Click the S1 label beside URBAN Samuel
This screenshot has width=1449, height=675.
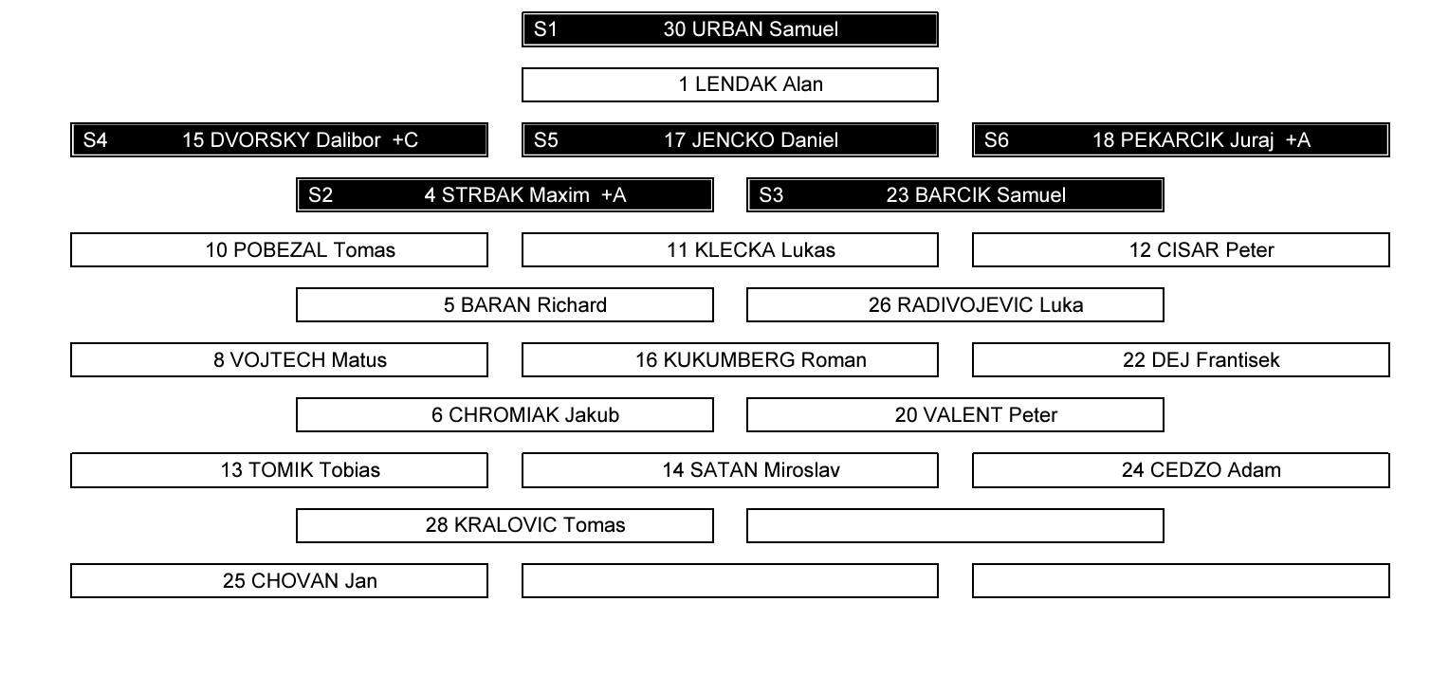pos(545,29)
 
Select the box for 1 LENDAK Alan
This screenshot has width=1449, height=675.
pos(729,84)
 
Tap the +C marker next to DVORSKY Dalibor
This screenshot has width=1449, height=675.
pos(405,139)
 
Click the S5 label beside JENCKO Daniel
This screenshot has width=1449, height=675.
pos(545,139)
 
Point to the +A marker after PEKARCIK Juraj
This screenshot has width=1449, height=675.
pos(1297,139)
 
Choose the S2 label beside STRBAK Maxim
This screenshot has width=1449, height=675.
pos(321,194)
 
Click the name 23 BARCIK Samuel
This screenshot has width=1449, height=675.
pos(976,194)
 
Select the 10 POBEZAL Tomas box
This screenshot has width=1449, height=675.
pos(279,249)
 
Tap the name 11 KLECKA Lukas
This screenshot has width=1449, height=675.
pos(750,249)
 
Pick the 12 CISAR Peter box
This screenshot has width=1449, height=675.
pos(1181,249)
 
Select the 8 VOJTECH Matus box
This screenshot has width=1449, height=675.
pos(279,359)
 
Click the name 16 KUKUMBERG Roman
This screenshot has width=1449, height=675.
pos(750,359)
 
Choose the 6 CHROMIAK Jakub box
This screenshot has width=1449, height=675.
pos(504,414)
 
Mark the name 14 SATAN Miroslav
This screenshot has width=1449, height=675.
pos(750,469)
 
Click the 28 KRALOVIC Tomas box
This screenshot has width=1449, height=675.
pos(504,525)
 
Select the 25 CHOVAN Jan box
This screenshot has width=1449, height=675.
pos(279,580)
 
